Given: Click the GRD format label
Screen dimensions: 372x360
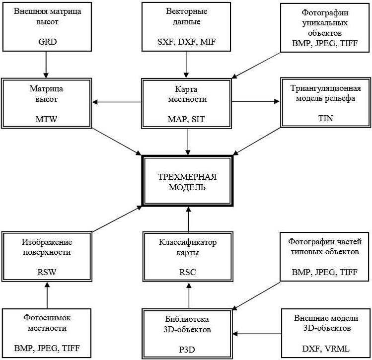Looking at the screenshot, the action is [48, 42].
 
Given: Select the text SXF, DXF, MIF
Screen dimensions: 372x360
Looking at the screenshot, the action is [186, 42].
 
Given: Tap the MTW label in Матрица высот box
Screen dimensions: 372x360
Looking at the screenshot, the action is [46, 119].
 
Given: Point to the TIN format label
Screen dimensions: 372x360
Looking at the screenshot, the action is [325, 118].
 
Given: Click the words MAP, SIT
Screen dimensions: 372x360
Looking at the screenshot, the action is [186, 119].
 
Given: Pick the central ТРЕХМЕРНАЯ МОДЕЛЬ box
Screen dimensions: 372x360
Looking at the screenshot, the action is [187, 181].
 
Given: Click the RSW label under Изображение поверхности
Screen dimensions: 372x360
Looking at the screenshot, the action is [47, 272].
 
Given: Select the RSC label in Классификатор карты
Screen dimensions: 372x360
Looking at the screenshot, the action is [187, 272].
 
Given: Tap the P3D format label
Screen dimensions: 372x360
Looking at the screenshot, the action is [187, 350].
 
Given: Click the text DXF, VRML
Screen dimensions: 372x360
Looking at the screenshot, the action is [326, 349].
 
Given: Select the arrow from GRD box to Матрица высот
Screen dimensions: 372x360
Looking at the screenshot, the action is [46, 65].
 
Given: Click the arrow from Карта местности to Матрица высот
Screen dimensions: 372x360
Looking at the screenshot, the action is [117, 102].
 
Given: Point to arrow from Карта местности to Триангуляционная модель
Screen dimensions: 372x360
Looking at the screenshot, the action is [256, 101].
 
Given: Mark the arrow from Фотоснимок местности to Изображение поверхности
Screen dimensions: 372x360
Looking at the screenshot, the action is [47, 295].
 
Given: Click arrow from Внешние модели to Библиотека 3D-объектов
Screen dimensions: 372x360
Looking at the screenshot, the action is [257, 334].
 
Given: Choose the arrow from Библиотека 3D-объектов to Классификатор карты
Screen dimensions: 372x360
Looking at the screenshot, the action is [189, 295].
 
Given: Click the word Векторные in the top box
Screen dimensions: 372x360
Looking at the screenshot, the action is [186, 11].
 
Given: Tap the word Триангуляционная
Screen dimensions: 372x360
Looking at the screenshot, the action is [325, 88].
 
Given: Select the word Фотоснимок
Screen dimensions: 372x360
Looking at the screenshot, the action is [47, 318].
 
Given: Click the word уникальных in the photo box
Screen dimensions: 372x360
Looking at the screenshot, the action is [325, 23].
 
